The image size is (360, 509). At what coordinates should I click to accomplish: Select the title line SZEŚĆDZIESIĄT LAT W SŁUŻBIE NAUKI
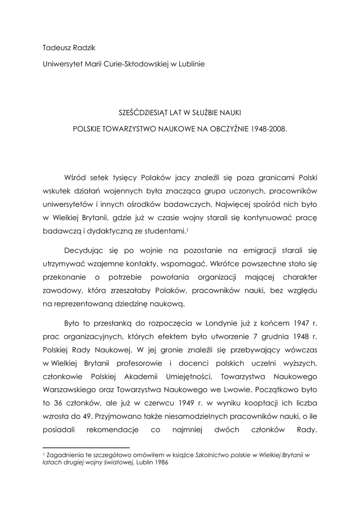(x=180, y=113)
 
